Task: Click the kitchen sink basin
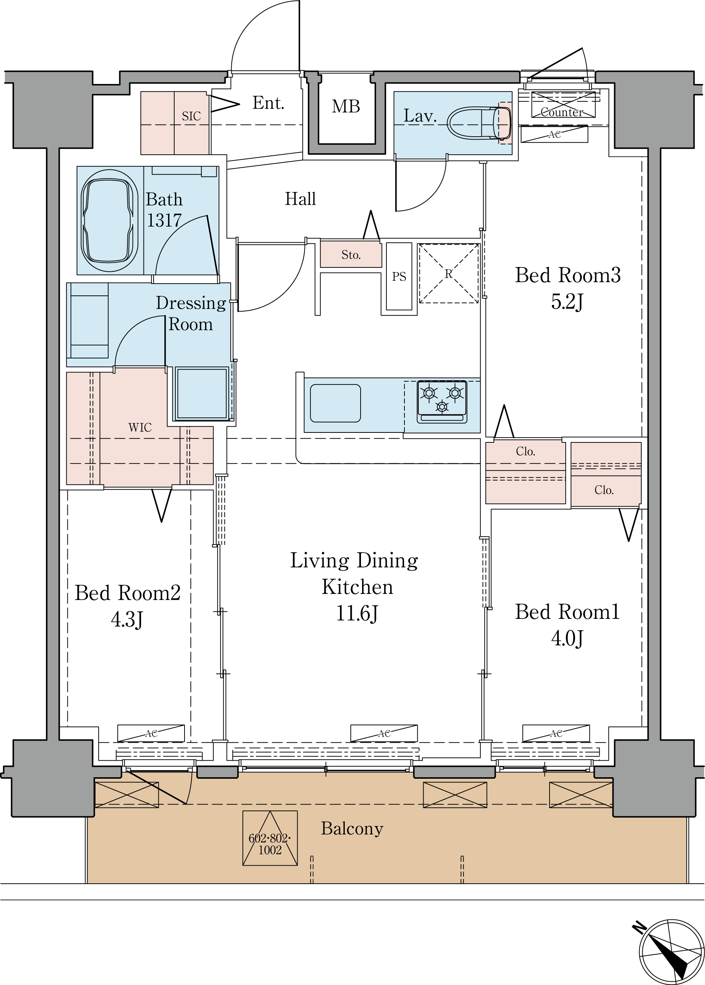point(335,403)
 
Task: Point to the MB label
point(346,106)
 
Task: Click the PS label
point(399,277)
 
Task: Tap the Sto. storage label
point(351,255)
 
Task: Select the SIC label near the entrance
point(191,116)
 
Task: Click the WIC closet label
point(140,428)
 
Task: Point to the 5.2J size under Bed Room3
point(567,302)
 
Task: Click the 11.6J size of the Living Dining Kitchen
point(357,613)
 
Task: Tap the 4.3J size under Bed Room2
point(127,620)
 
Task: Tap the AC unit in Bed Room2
point(151,733)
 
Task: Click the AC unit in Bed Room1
point(556,733)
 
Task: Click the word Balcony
point(352,829)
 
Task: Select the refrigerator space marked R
point(448,273)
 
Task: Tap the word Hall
point(301,199)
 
